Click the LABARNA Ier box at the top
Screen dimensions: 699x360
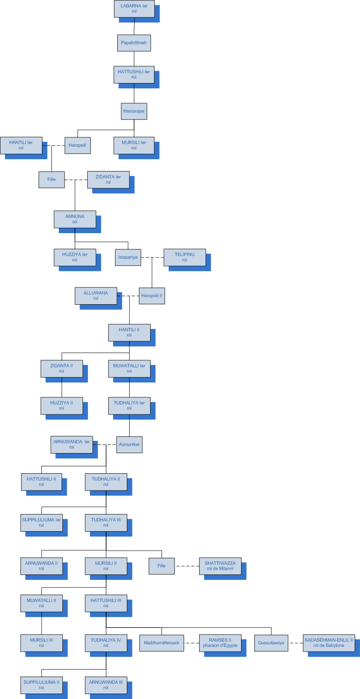point(134,9)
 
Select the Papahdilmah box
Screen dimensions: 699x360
point(134,43)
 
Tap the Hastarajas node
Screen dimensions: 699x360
point(134,111)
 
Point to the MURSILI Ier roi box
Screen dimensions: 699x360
point(134,145)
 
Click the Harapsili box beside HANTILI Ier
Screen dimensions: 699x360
point(77,145)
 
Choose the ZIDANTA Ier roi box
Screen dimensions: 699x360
point(108,179)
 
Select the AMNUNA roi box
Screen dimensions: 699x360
point(75,219)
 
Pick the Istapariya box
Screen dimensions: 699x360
point(128,257)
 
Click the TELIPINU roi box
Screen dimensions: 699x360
point(184,257)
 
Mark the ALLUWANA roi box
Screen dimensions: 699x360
point(96,296)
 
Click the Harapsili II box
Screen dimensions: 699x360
point(152,296)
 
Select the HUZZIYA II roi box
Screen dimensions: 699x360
point(62,405)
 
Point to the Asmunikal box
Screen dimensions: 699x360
point(129,444)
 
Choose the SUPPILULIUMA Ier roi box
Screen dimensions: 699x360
point(42,523)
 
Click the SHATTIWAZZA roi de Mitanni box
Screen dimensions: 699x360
point(220,566)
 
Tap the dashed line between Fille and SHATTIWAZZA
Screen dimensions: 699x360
point(187,566)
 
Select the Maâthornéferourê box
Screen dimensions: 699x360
point(161,643)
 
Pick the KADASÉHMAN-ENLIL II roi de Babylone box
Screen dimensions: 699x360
point(329,643)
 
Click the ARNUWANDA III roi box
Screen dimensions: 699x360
point(106,685)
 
